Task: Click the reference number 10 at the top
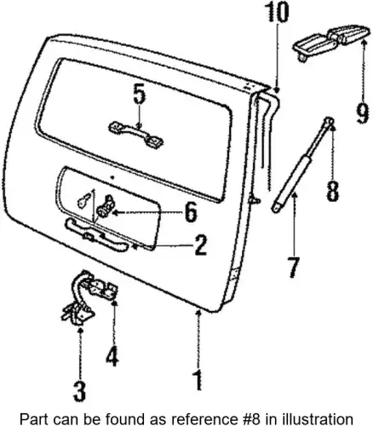(x=277, y=13)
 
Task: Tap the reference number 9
(x=363, y=113)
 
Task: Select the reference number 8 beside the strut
(x=332, y=191)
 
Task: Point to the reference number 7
(x=294, y=268)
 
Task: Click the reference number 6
(x=190, y=212)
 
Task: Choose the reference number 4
(x=112, y=355)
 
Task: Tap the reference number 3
(x=79, y=391)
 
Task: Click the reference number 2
(x=200, y=245)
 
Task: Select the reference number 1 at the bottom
(x=198, y=380)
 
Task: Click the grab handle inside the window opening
(x=136, y=134)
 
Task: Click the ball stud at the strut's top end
(x=330, y=122)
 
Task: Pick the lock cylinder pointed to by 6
(x=106, y=205)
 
